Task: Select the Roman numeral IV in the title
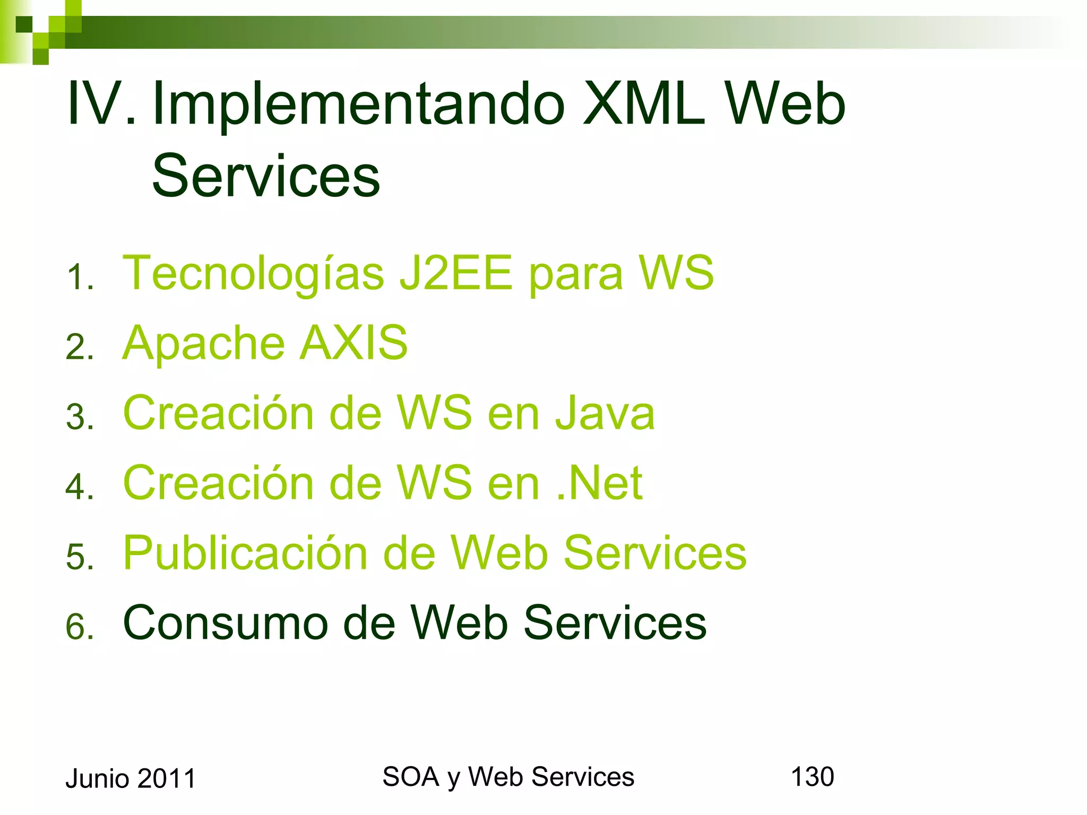(100, 104)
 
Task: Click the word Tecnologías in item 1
(253, 274)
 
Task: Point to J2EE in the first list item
(456, 273)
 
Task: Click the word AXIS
(354, 343)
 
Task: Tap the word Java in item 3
(605, 414)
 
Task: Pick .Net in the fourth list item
(600, 483)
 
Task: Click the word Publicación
(245, 553)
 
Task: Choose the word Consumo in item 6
(226, 623)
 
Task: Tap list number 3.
(80, 418)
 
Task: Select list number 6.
(80, 627)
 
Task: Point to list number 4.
(80, 487)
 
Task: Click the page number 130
(812, 777)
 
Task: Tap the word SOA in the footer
(410, 777)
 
